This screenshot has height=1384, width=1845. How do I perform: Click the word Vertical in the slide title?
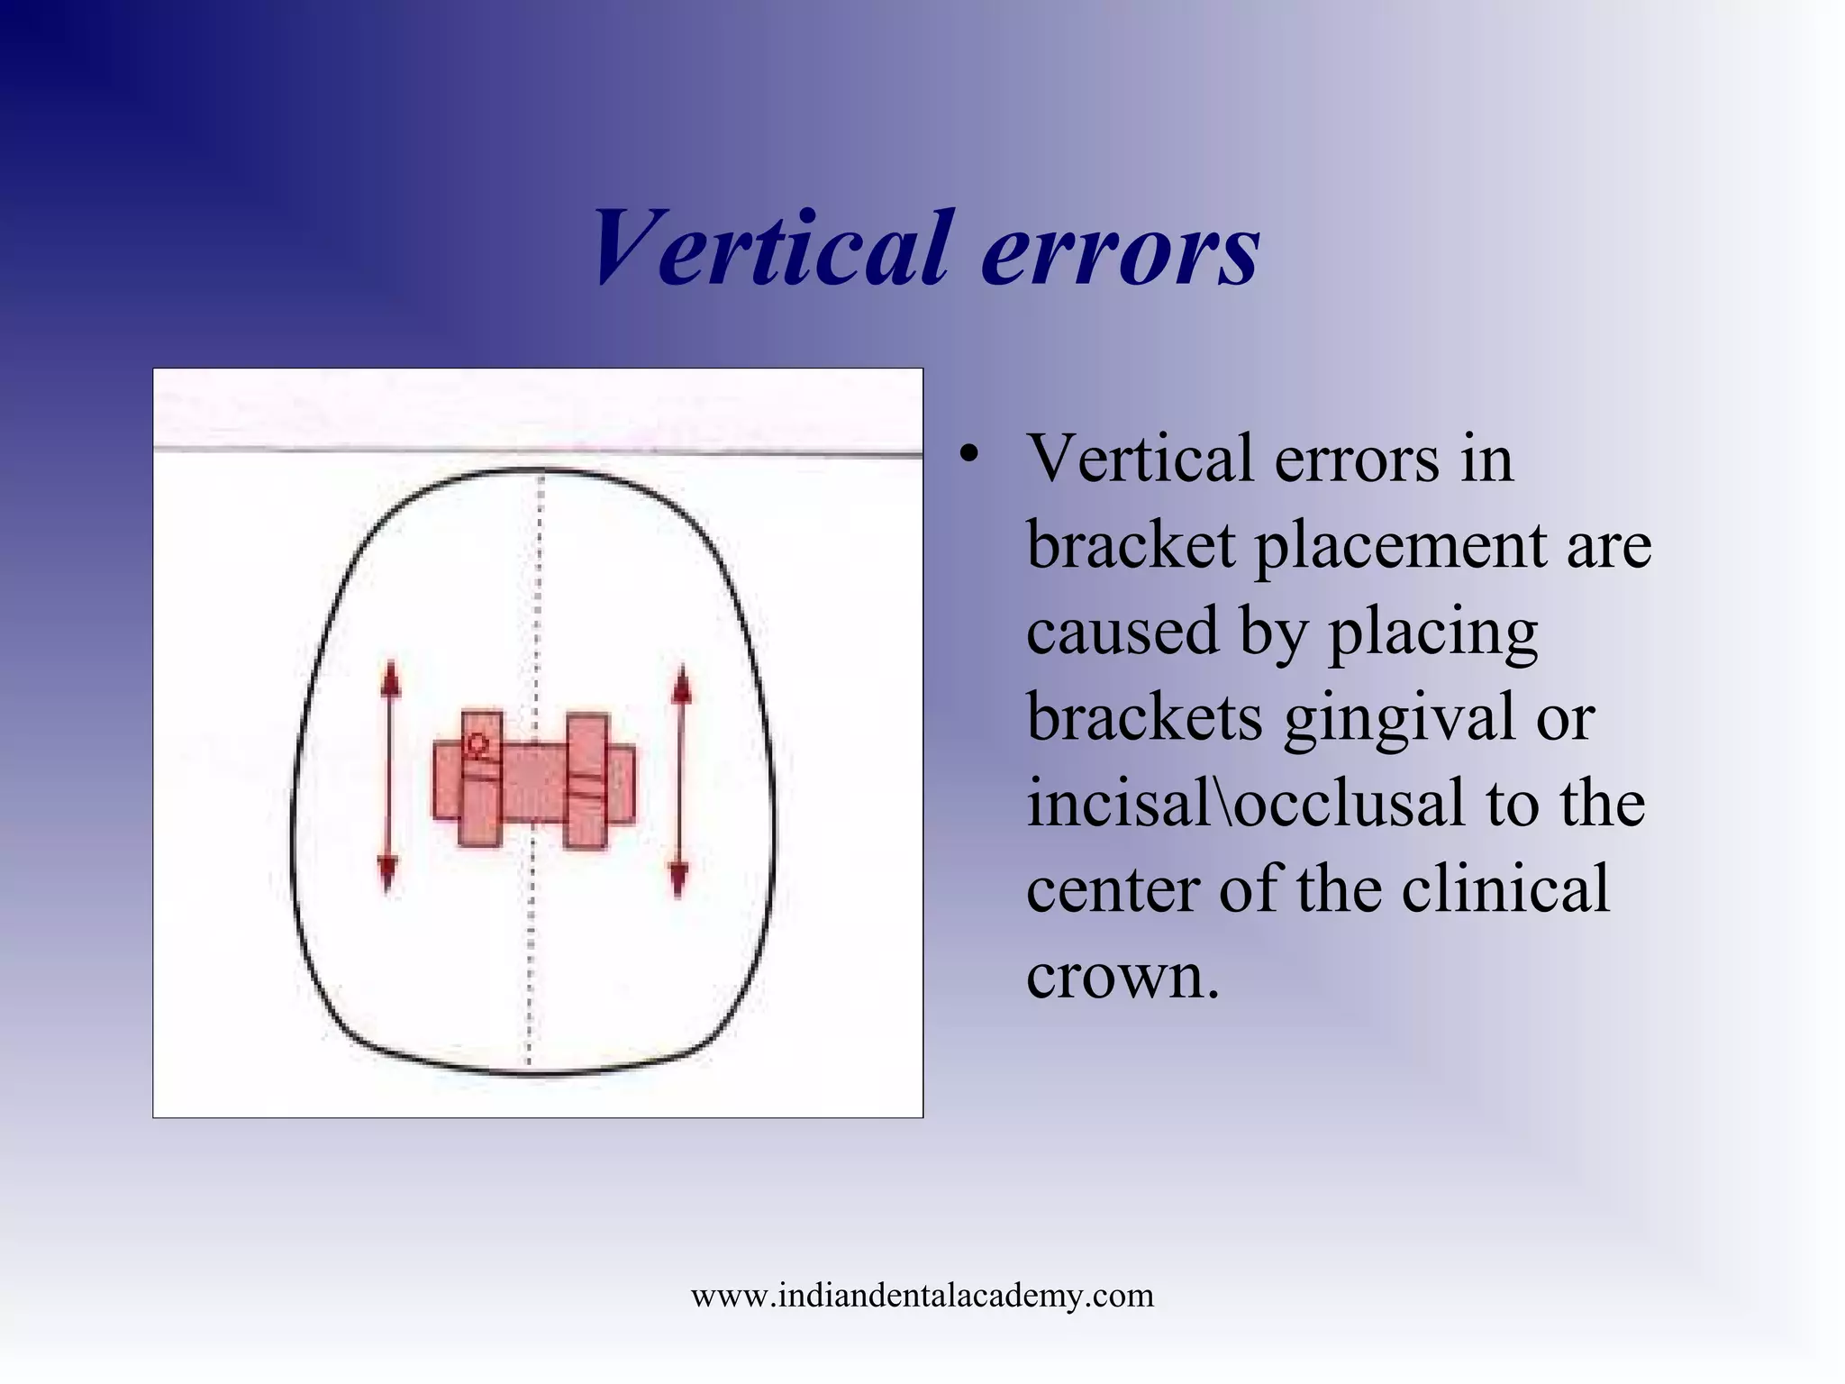pos(771,247)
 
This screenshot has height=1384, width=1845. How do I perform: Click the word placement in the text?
pos(1401,547)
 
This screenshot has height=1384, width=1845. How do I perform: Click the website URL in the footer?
pos(922,1296)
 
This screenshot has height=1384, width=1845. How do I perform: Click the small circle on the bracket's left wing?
pos(477,745)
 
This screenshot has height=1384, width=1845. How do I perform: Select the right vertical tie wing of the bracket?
pos(587,782)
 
